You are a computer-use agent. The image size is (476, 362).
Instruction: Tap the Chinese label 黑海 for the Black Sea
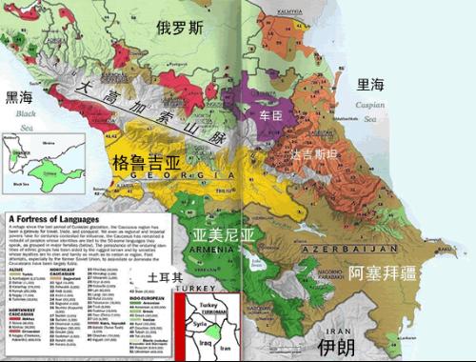click(20, 96)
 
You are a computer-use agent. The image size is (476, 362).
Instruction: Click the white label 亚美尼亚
click(224, 233)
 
